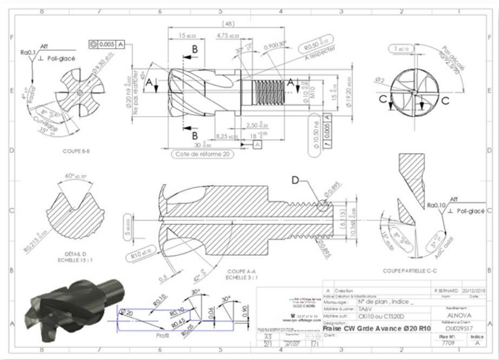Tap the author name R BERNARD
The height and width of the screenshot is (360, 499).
[445, 290]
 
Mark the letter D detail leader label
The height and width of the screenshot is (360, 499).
[296, 181]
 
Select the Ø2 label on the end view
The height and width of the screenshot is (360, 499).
[380, 79]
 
